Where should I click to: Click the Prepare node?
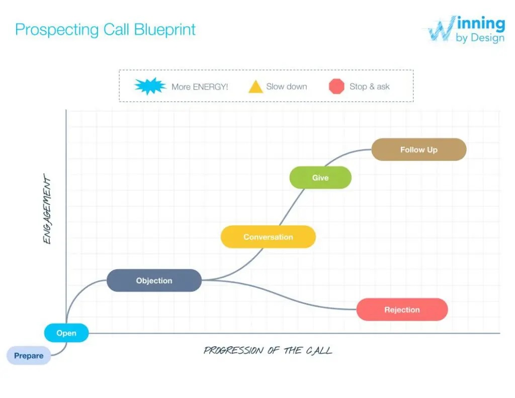(29, 356)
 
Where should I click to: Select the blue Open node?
(66, 333)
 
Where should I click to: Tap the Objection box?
(154, 281)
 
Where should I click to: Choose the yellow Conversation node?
(268, 237)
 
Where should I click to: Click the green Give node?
(320, 178)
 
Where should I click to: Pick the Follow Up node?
(418, 149)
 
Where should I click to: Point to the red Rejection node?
(402, 309)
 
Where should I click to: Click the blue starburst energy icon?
(150, 87)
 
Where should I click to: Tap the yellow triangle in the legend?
(255, 87)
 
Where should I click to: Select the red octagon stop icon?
(336, 87)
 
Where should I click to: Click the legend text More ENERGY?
(200, 87)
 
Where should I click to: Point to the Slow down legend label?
(287, 87)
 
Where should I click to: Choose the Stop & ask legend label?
(370, 87)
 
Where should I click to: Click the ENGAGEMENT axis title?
(47, 209)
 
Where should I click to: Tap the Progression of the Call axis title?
(268, 350)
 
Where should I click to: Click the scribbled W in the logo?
(441, 30)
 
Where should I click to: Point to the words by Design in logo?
(480, 38)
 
